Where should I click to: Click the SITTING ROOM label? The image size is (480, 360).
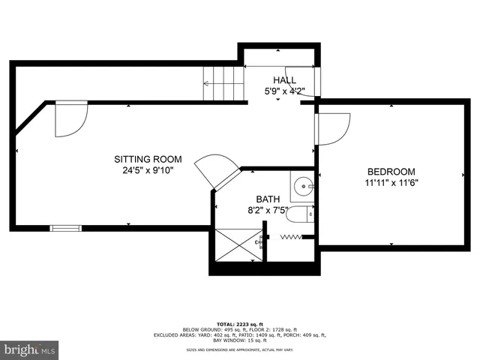148,159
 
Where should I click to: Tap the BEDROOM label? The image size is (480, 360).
390,172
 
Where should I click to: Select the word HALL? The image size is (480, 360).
284,80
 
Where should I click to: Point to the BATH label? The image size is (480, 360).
268,199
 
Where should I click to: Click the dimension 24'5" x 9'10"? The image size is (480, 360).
148,169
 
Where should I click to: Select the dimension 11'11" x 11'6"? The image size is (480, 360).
391,182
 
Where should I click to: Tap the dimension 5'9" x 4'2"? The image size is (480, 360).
284,91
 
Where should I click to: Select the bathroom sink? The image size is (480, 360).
304,183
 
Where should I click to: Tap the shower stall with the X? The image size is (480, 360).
238,244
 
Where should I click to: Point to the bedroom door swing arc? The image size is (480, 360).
334,127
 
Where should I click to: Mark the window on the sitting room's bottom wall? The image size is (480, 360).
64,227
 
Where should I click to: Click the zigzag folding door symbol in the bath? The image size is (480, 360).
290,237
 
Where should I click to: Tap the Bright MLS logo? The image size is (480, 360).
30,349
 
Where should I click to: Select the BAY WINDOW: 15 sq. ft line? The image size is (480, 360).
240,340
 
